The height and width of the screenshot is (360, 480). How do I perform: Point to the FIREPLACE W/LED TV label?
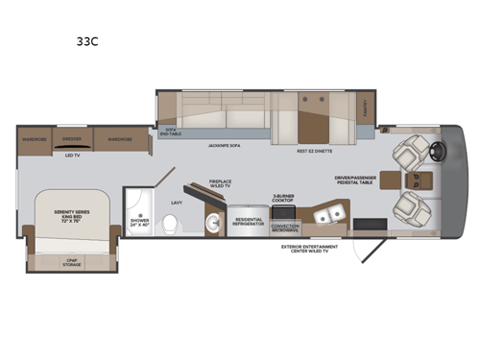pyautogui.click(x=222, y=184)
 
